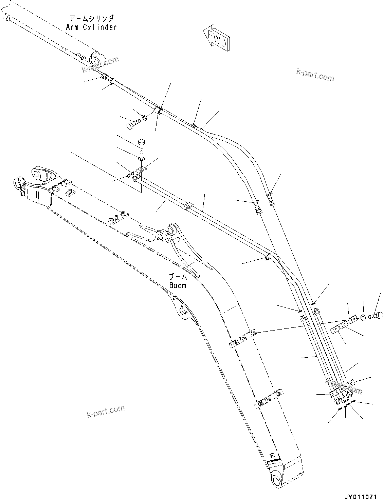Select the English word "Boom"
pyautogui.click(x=178, y=285)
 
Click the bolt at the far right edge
pyautogui.click(x=376, y=316)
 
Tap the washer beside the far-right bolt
pyautogui.click(x=363, y=318)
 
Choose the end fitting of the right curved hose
pyautogui.click(x=271, y=203)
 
